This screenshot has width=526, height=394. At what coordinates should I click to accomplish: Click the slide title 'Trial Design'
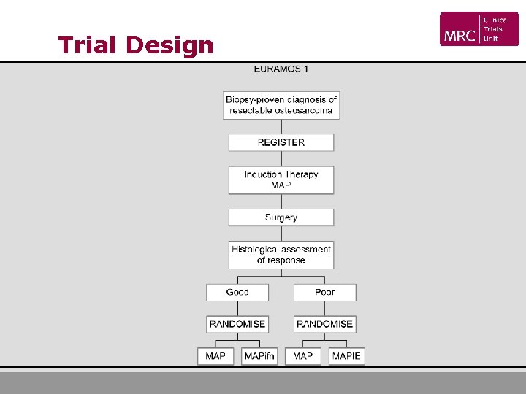tap(136, 45)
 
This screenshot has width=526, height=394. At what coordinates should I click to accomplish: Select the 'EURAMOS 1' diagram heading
tap(281, 69)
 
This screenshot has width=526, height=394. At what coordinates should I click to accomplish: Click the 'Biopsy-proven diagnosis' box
tap(281, 105)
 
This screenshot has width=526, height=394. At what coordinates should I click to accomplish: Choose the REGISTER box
tap(281, 142)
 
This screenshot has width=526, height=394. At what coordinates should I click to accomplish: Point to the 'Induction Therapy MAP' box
tap(281, 179)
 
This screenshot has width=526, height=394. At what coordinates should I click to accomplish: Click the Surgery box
tap(281, 217)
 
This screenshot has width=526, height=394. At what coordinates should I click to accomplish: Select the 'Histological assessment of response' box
tap(281, 255)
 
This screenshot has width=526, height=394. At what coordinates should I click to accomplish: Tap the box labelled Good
tap(237, 292)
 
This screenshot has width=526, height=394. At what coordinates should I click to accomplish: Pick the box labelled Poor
tap(325, 292)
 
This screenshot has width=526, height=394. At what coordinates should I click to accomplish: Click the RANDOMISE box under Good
tap(237, 324)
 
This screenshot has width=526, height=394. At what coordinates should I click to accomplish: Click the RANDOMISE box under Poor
tap(325, 324)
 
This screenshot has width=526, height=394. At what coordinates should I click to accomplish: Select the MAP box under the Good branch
tap(216, 356)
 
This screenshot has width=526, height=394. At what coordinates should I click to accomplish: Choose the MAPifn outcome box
tap(259, 356)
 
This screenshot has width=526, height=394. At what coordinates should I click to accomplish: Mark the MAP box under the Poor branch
tap(303, 356)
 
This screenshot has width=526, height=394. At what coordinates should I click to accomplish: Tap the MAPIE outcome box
tap(346, 356)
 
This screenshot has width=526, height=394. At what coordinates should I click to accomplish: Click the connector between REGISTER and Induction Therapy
tap(281, 158)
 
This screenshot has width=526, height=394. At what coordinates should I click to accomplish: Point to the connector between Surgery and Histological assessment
tap(281, 233)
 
